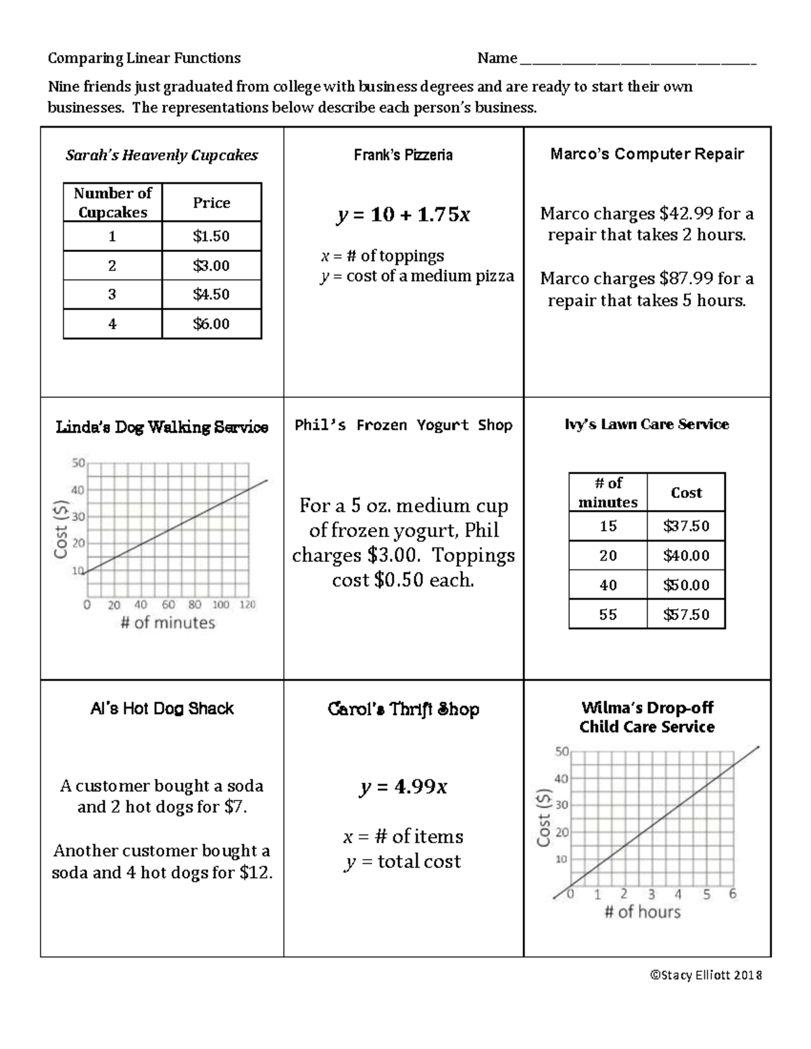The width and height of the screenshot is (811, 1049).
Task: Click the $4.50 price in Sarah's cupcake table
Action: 211,295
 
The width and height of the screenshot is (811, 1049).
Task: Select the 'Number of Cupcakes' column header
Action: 112,203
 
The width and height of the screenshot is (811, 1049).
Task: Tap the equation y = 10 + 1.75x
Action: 403,215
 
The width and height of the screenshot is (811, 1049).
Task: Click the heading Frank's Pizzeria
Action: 403,155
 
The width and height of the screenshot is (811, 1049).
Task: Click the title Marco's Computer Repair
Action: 647,154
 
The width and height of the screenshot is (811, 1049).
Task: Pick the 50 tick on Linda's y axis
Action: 78,463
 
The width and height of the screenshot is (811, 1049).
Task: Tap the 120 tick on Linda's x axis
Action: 247,605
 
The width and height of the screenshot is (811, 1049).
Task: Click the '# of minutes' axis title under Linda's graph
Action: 168,623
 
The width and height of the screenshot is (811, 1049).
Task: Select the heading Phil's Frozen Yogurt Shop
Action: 403,426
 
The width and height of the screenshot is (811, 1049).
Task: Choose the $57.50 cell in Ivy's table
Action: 686,615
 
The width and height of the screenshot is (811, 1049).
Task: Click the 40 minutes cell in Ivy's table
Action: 608,585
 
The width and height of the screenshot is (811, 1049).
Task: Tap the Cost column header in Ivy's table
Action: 686,493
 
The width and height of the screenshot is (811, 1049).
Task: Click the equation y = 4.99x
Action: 403,787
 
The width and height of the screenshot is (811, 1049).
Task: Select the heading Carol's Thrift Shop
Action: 403,709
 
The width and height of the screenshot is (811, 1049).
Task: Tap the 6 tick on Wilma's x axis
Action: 733,894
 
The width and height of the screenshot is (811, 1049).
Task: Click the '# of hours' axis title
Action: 642,912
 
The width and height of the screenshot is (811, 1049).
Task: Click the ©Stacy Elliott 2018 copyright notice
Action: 706,975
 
